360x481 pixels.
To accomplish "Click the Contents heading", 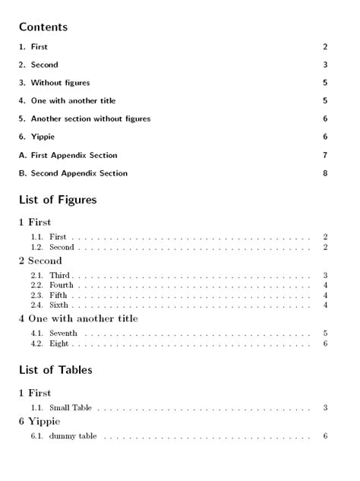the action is (43, 27).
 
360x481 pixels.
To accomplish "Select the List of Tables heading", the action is (55, 370).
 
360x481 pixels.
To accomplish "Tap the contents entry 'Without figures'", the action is (60, 83).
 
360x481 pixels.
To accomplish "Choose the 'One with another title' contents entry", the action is (73, 100).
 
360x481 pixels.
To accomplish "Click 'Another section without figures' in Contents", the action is (90, 119).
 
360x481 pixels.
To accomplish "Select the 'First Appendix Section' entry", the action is (74, 155).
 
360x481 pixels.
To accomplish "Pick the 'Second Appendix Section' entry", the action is (79, 173).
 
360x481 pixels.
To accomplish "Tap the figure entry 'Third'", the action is (59, 274).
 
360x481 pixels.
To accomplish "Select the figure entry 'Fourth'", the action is (62, 285).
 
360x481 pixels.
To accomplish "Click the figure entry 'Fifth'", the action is (58, 295).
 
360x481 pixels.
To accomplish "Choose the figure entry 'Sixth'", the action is (59, 305).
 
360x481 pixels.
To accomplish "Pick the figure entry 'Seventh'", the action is (63, 333).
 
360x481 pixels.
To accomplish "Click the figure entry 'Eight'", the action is (59, 343).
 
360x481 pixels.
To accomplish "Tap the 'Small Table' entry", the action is (70, 407).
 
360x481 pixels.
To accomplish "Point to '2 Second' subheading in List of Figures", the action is (40, 261).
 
